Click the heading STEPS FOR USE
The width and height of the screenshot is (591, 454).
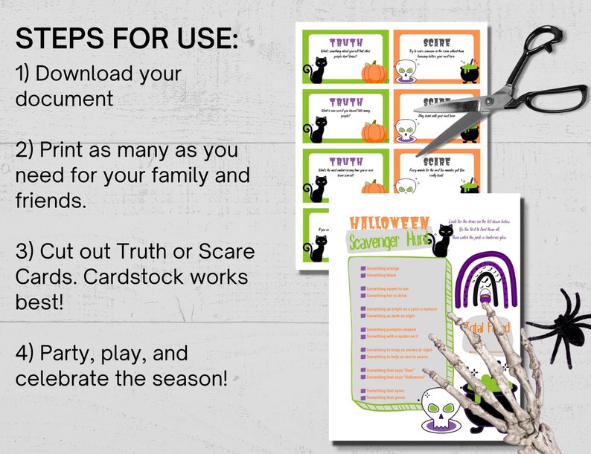click(127, 38)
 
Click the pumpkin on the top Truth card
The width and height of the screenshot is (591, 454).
click(373, 72)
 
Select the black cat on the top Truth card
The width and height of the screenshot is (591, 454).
click(318, 71)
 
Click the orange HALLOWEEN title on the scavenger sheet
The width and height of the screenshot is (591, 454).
click(390, 223)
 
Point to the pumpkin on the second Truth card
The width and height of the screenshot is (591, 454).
click(374, 132)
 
